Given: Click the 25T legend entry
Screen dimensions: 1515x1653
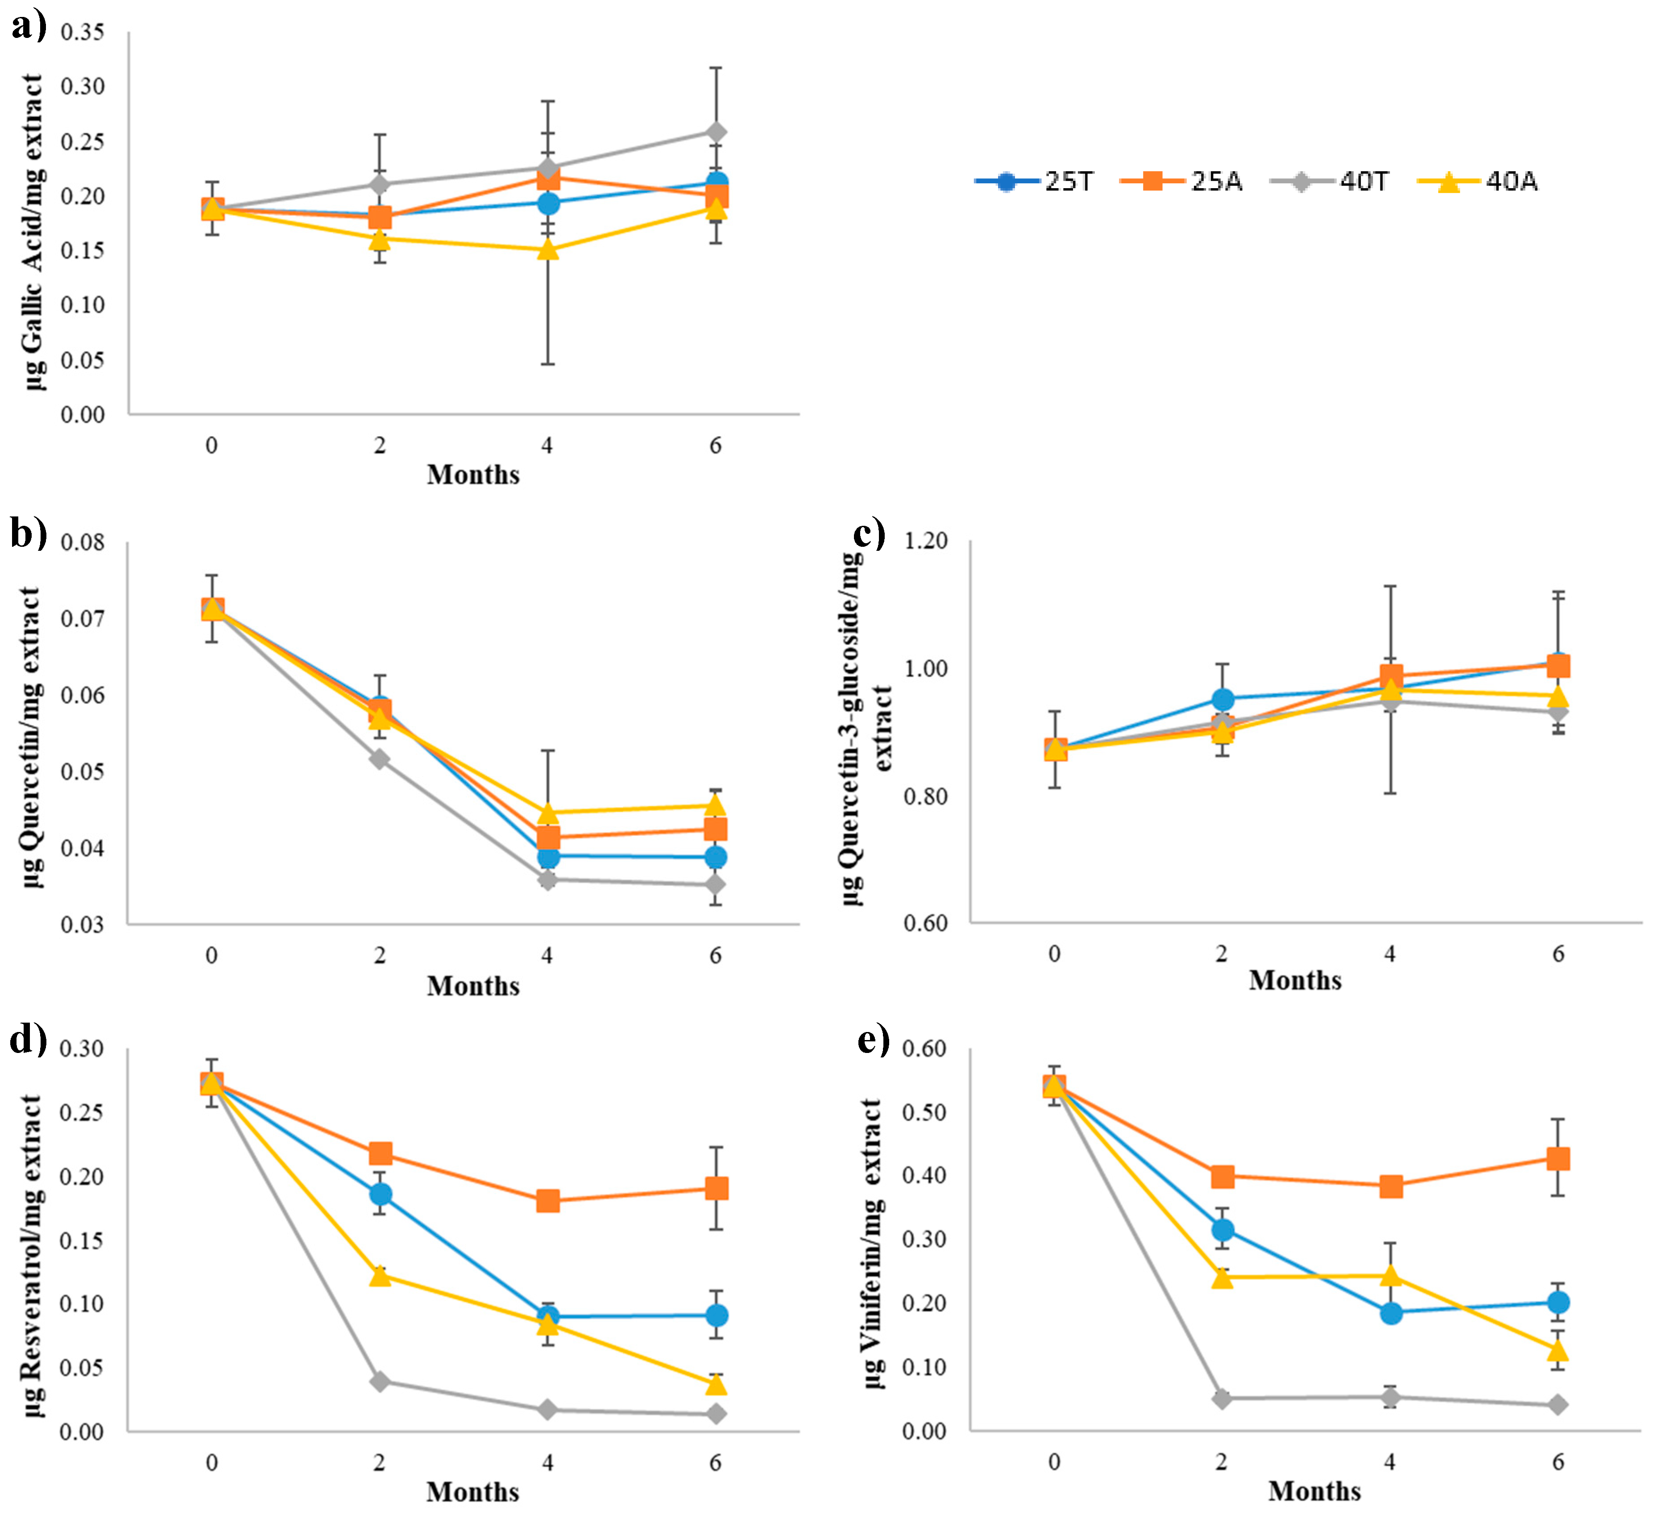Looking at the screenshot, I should pyautogui.click(x=1035, y=181).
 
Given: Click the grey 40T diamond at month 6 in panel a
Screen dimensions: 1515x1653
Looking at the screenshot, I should pyautogui.click(x=716, y=132).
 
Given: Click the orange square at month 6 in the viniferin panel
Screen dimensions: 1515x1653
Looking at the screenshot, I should pyautogui.click(x=1558, y=1158).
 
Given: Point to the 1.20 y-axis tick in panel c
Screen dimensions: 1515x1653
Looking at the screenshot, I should pyautogui.click(x=925, y=541).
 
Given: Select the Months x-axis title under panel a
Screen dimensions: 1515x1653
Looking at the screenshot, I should pyautogui.click(x=473, y=475).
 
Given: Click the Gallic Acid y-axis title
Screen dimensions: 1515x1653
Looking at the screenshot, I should pyautogui.click(x=33, y=232).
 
